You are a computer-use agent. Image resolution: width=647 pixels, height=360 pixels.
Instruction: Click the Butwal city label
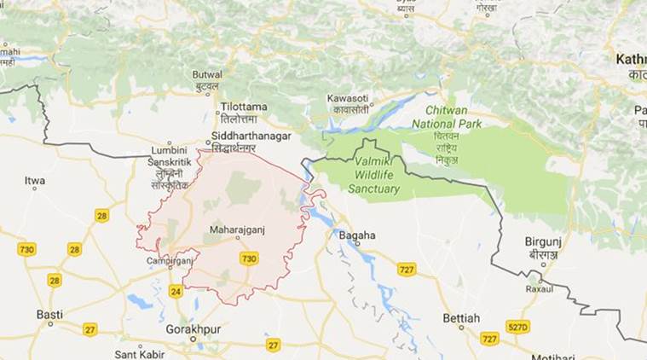click(207, 75)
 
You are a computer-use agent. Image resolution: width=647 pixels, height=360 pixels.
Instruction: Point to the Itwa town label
click(35, 181)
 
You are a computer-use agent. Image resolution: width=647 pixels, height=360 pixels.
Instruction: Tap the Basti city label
click(49, 314)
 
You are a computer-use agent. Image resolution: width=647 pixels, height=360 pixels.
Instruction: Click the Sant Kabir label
click(140, 353)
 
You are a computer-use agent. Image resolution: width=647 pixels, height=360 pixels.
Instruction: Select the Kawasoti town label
click(347, 99)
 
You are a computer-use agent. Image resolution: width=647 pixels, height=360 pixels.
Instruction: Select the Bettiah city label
click(460, 318)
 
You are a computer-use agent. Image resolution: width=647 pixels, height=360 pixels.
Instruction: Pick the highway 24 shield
click(176, 292)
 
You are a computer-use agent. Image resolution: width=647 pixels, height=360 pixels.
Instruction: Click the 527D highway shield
click(517, 326)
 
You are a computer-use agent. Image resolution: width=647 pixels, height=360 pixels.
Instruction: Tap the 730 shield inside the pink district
click(249, 258)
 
